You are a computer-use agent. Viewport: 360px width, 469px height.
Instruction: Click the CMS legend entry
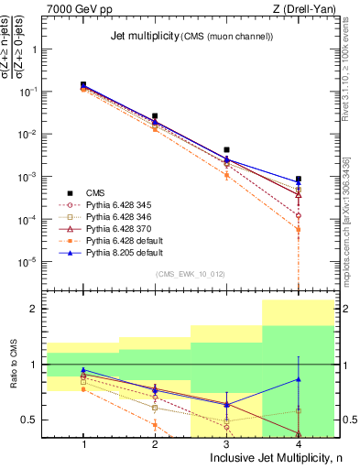pyautogui.click(x=96, y=192)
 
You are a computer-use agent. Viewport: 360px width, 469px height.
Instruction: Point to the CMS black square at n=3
pyautogui.click(x=226, y=149)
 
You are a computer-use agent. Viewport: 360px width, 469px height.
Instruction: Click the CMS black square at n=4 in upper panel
pyautogui.click(x=299, y=179)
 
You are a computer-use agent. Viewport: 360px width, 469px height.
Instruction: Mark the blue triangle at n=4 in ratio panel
pyautogui.click(x=299, y=379)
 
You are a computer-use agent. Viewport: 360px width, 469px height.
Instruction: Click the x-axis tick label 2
pyautogui.click(x=155, y=443)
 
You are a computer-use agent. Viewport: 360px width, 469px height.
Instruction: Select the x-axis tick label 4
pyautogui.click(x=299, y=443)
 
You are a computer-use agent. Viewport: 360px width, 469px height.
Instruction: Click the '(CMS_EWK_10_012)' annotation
pyautogui.click(x=190, y=274)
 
